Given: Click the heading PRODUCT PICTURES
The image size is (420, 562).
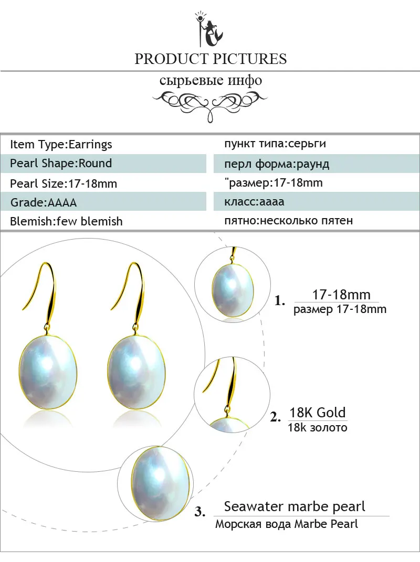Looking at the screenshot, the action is tap(211, 59).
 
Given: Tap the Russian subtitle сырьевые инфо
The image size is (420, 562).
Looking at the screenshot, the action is tap(211, 80).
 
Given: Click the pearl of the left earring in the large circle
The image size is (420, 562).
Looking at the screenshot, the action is tap(47, 373).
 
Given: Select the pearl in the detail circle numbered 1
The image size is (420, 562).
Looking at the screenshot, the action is tap(233, 290).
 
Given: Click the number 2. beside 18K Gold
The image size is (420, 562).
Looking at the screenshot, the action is tap(275, 417).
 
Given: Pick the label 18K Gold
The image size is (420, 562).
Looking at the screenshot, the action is tap(317, 413).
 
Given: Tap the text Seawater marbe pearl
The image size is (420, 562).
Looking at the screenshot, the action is tap(295, 506).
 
